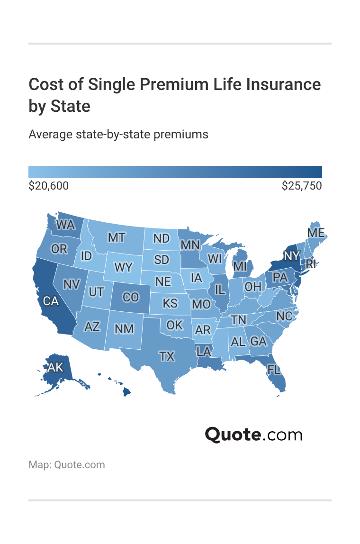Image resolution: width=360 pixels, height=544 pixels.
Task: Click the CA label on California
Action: (x=50, y=300)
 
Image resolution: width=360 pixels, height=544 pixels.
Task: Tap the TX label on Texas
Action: (x=167, y=356)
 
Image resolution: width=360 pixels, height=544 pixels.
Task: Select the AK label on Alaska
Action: (x=55, y=367)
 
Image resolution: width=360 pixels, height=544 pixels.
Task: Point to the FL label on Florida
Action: (x=274, y=370)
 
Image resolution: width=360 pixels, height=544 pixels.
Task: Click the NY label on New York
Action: (x=292, y=256)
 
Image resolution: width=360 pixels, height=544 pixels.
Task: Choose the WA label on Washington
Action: (x=65, y=225)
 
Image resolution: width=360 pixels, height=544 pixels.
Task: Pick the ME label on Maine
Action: (x=315, y=233)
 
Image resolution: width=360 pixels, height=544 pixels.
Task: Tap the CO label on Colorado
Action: (x=130, y=297)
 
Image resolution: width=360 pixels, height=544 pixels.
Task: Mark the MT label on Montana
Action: (x=116, y=237)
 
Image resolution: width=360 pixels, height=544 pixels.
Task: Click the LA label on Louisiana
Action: (x=204, y=351)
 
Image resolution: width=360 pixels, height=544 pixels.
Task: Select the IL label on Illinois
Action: (x=220, y=289)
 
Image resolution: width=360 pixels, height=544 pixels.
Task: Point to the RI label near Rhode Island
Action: (x=310, y=263)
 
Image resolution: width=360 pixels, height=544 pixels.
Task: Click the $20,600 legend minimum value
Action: (x=48, y=186)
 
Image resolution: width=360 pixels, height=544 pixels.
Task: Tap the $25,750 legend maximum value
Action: (x=302, y=186)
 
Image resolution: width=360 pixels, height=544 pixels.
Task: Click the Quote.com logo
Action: (x=253, y=434)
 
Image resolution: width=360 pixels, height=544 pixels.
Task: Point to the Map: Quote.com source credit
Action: (x=66, y=464)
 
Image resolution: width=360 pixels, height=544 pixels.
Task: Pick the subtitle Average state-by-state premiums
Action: (x=118, y=134)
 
